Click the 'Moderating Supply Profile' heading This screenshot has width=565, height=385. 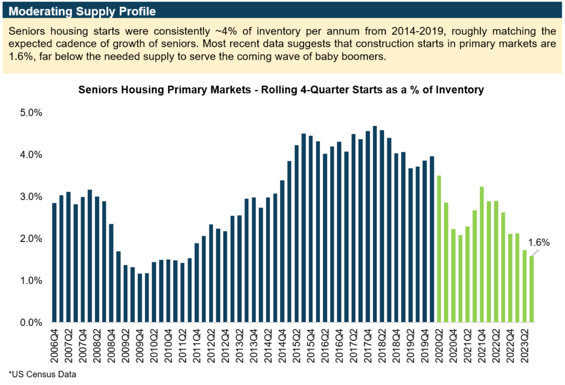[x=82, y=10]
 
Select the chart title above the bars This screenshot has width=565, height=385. [x=281, y=89]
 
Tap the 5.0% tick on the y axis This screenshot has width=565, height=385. [x=32, y=113]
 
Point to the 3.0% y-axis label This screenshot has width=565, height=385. [x=32, y=197]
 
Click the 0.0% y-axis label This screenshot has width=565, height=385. [x=32, y=323]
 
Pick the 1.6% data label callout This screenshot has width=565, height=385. [x=539, y=242]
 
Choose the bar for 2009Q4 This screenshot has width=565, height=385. [x=140, y=298]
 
